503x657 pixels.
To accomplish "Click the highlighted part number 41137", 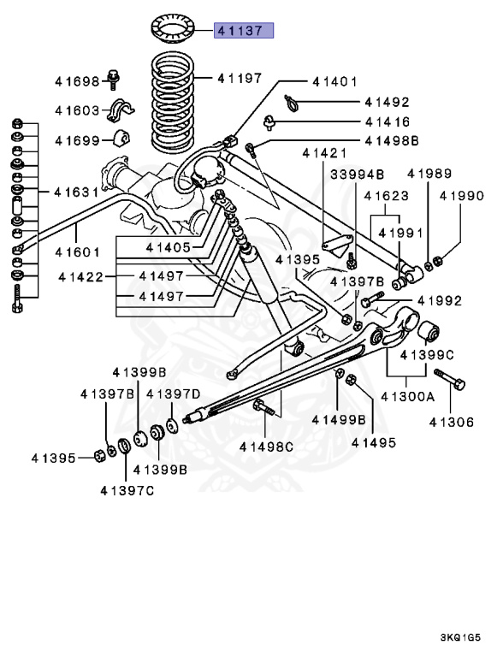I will pyautogui.click(x=244, y=31).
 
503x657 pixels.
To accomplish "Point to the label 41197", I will pyautogui.click(x=239, y=78).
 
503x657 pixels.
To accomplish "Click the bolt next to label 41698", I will pyautogui.click(x=114, y=80).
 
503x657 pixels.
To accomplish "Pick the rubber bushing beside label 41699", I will pyautogui.click(x=121, y=139).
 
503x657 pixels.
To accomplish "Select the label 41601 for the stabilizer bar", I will pyautogui.click(x=79, y=252).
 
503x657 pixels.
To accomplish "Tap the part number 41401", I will pyautogui.click(x=334, y=82).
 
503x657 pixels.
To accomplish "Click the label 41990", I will pyautogui.click(x=462, y=196).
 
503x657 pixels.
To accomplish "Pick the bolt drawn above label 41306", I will pyautogui.click(x=449, y=379).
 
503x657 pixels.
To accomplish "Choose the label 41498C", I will pyautogui.click(x=266, y=447).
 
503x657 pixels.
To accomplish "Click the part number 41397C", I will pyautogui.click(x=127, y=490).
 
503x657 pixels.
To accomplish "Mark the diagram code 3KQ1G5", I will pyautogui.click(x=466, y=637).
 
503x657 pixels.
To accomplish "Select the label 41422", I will pyautogui.click(x=82, y=276).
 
